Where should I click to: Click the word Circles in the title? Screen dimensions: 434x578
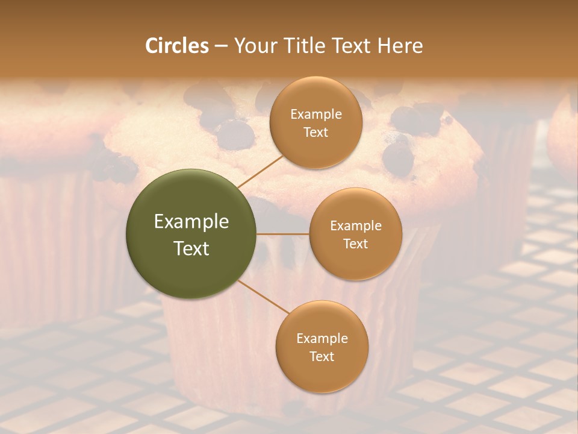(x=177, y=46)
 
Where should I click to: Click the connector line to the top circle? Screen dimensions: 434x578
(x=260, y=171)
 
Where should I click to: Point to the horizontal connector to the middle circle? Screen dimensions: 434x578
(x=283, y=234)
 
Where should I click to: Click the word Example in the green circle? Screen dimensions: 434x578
(x=191, y=222)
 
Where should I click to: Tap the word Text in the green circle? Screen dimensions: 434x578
(x=191, y=248)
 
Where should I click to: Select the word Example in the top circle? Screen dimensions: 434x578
(x=315, y=115)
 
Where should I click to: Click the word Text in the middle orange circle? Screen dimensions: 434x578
(x=355, y=244)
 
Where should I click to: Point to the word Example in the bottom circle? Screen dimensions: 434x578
(x=322, y=339)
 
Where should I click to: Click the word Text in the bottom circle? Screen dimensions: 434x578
(x=322, y=356)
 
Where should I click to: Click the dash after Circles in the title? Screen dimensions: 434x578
(x=221, y=46)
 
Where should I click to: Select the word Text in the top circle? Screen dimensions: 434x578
(x=315, y=132)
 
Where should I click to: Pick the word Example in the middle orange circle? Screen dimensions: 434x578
(x=355, y=226)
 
